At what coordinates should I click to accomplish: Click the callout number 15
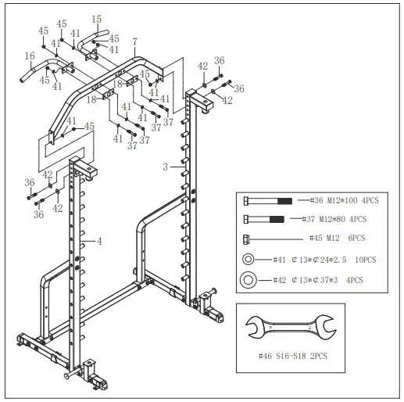click(96, 19)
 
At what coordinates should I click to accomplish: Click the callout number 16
click(30, 56)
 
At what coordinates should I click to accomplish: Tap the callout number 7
click(134, 41)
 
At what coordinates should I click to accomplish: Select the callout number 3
click(165, 167)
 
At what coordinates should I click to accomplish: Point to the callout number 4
click(99, 242)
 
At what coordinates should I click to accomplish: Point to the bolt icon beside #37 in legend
click(266, 219)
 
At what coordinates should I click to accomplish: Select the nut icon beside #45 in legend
click(247, 239)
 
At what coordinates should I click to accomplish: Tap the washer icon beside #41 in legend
click(248, 259)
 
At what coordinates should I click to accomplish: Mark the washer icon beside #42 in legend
click(248, 278)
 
